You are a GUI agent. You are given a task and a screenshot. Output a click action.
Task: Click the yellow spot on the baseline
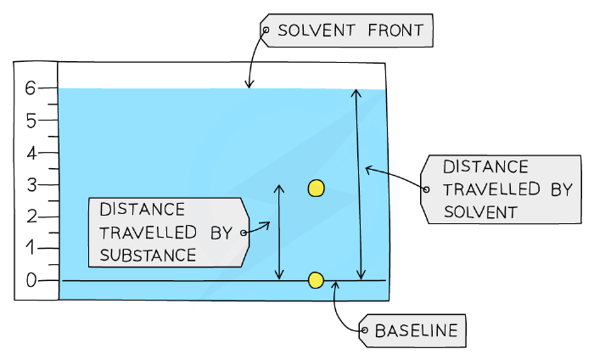(x=316, y=280)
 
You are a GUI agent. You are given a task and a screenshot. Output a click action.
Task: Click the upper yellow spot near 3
(x=316, y=188)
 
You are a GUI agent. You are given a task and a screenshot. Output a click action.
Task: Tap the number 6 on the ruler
(x=30, y=88)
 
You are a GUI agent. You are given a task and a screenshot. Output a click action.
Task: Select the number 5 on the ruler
(x=31, y=121)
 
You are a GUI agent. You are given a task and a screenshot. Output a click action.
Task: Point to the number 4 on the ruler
(x=31, y=154)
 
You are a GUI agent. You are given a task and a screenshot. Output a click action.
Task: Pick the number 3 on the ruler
(x=32, y=185)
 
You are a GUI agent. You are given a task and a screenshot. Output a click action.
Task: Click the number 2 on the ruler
(x=32, y=217)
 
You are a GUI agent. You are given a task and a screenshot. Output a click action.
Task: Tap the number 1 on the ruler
(x=30, y=248)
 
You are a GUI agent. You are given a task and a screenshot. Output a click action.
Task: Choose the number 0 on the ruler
(x=31, y=280)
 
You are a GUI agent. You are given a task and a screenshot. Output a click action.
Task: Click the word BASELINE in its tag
(x=416, y=331)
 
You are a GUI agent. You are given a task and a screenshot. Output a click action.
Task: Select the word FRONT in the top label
(x=395, y=31)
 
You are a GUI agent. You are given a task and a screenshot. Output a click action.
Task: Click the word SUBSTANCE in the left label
(x=148, y=255)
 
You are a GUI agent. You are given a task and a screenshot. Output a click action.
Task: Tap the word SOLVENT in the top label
(x=317, y=31)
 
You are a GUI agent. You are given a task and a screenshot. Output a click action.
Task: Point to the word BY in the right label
(x=562, y=188)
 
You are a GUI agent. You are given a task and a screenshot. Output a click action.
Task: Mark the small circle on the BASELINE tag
(x=364, y=330)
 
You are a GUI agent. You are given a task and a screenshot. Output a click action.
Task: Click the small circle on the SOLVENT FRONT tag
(x=266, y=30)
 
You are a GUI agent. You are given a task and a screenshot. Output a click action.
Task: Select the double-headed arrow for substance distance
(x=279, y=233)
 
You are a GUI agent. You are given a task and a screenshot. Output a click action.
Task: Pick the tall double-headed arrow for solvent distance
(x=359, y=184)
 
